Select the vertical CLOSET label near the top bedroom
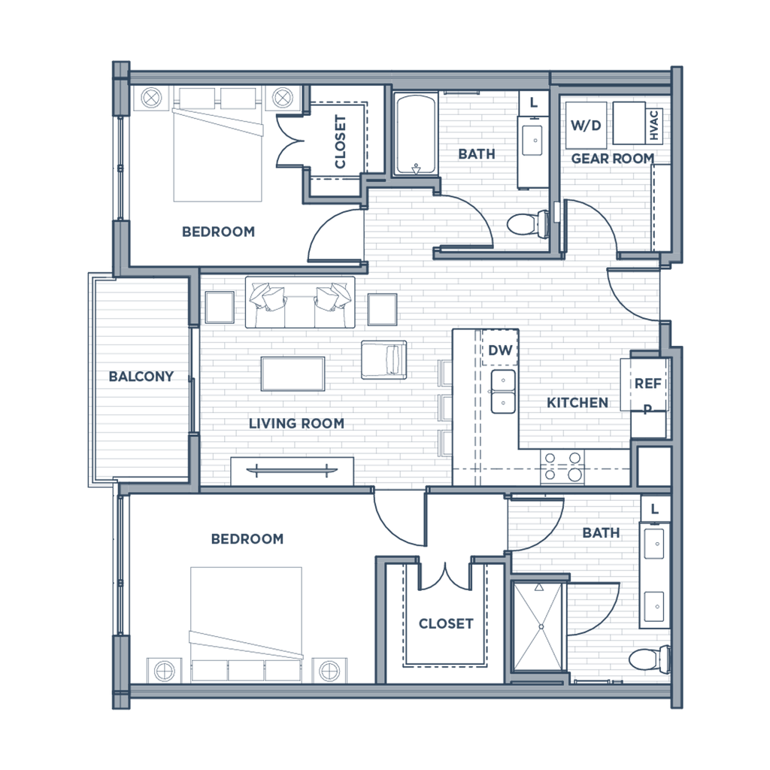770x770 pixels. coord(340,142)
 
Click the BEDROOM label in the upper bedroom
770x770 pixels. coord(218,232)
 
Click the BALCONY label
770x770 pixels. coord(141,375)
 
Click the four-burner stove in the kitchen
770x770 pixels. coord(562,466)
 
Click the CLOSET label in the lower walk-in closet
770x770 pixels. coord(445,623)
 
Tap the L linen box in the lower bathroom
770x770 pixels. coord(653,509)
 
